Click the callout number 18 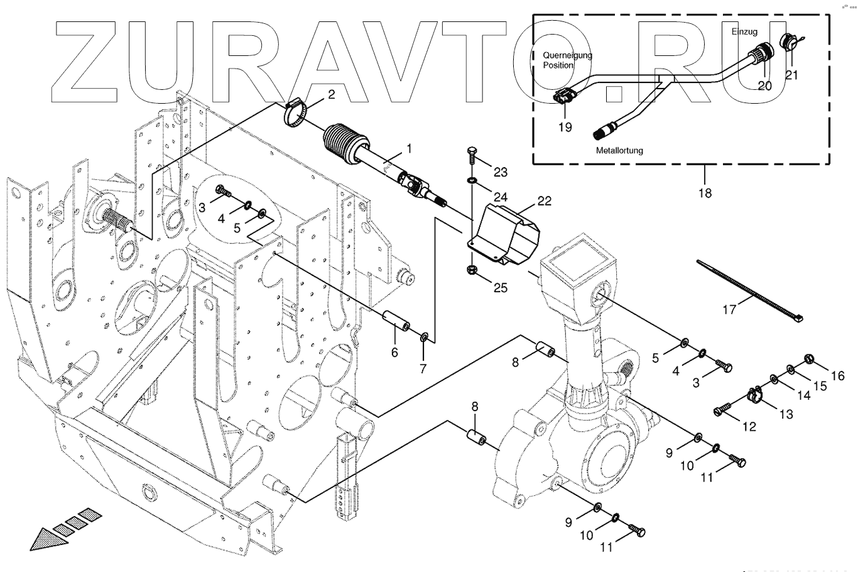pyautogui.click(x=705, y=193)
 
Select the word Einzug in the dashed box pyautogui.click(x=745, y=31)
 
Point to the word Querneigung pyautogui.click(x=567, y=55)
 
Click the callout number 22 pyautogui.click(x=543, y=202)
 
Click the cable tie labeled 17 pyautogui.click(x=747, y=292)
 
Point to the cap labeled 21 pyautogui.click(x=786, y=43)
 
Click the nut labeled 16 pyautogui.click(x=810, y=360)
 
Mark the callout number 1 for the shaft pyautogui.click(x=409, y=149)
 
